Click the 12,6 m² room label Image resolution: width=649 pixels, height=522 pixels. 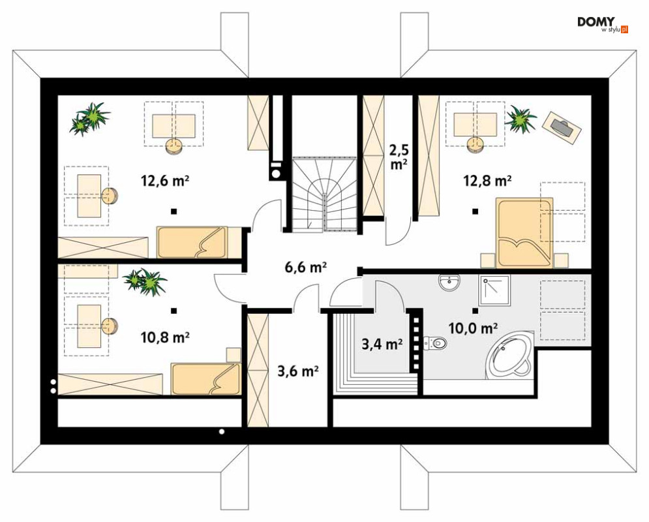tap(165, 181)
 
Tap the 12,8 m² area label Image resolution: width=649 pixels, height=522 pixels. tap(487, 181)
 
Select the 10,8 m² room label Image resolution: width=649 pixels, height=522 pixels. tap(165, 337)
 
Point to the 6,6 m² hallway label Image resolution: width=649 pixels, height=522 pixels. tap(306, 268)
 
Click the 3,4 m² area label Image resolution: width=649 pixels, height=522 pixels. tap(382, 344)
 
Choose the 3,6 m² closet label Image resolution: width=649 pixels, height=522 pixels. tap(297, 371)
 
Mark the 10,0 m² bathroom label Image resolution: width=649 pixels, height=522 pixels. tap(473, 328)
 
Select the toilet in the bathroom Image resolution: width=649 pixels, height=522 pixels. tap(435, 343)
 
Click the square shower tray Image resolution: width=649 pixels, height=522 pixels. tap(494, 290)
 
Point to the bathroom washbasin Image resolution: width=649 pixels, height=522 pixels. tap(449, 283)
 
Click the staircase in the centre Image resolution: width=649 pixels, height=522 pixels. tap(324, 194)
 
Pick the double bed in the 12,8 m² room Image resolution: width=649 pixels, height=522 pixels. tap(525, 233)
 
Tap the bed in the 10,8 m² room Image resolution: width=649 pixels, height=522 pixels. tap(205, 379)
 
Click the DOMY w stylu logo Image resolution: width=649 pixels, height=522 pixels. tap(603, 25)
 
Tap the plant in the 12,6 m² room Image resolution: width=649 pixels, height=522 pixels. tap(90, 119)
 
